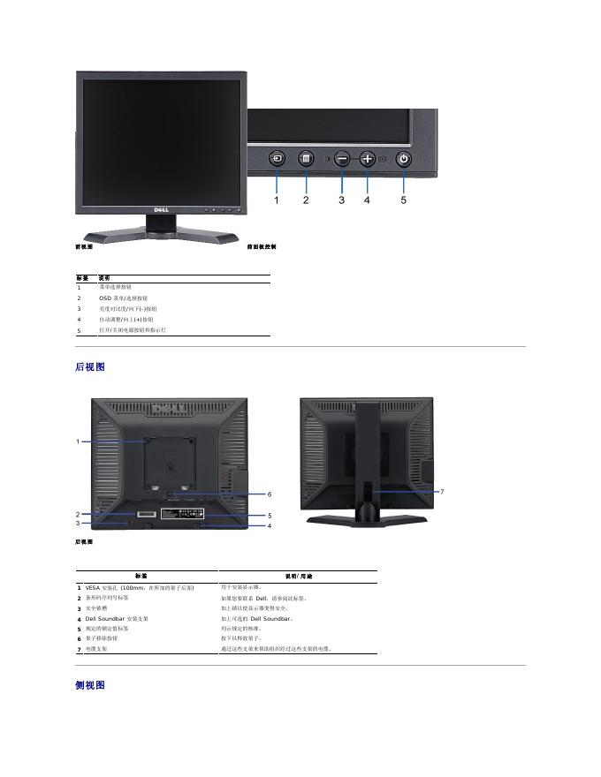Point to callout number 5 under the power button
(404, 200)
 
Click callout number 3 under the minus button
(342, 200)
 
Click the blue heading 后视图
(90, 366)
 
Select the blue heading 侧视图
(90, 685)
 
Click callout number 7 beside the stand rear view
(442, 490)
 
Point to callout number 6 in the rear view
(269, 494)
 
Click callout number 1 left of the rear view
(78, 441)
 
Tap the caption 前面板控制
(262, 247)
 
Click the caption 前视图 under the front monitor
(84, 247)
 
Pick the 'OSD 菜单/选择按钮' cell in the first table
(124, 298)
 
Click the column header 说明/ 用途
(297, 576)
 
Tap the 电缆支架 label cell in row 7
(98, 649)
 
